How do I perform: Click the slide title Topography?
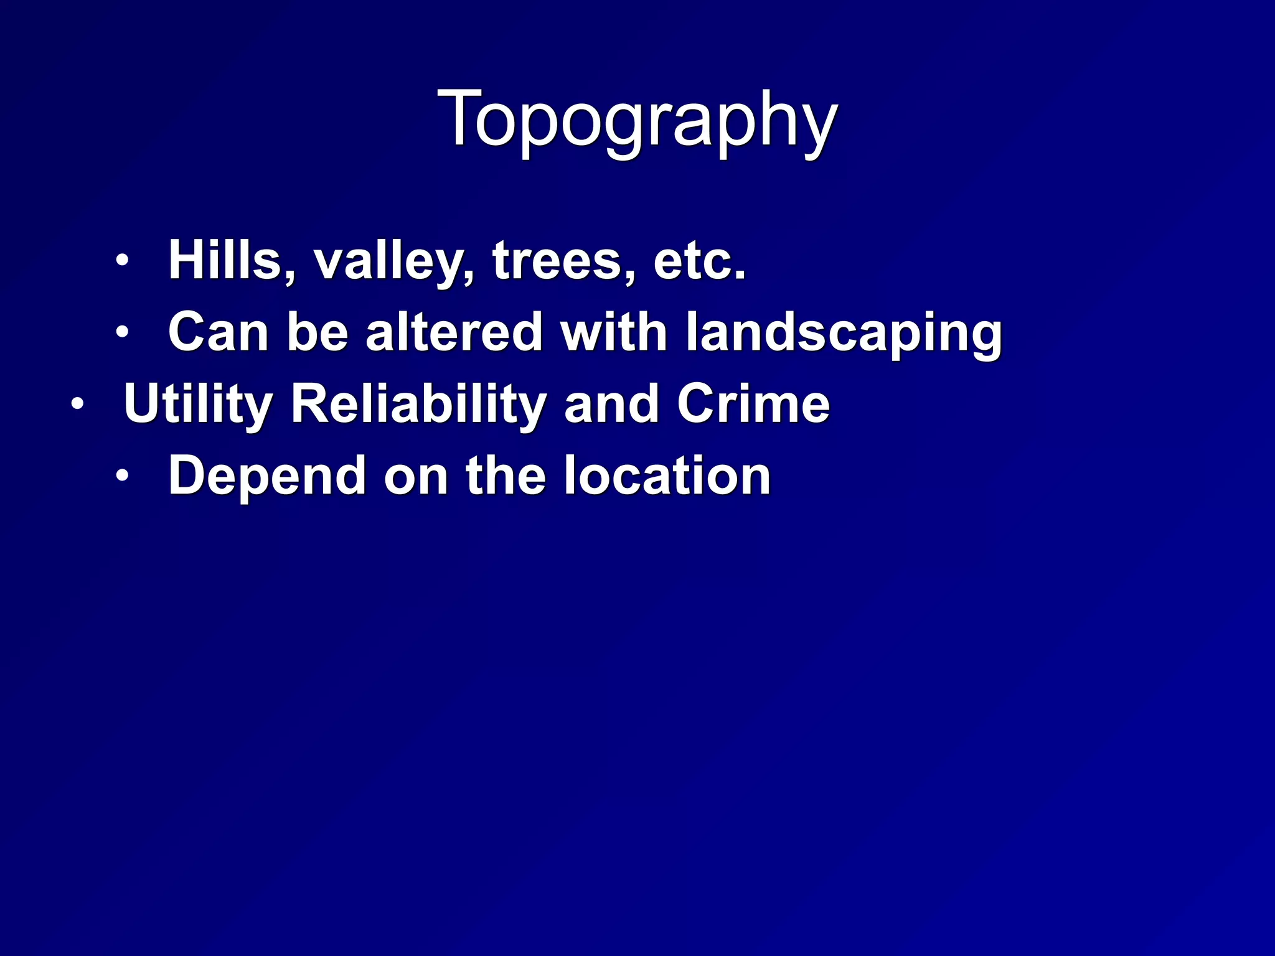[x=637, y=119]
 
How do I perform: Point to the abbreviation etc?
[x=699, y=261]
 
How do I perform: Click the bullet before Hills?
[x=122, y=260]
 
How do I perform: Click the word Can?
[x=218, y=332]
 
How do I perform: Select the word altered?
[x=454, y=332]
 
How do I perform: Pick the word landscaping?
[x=844, y=335]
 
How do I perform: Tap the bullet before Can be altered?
[x=122, y=332]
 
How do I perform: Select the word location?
[x=667, y=476]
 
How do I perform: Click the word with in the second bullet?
[x=614, y=332]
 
